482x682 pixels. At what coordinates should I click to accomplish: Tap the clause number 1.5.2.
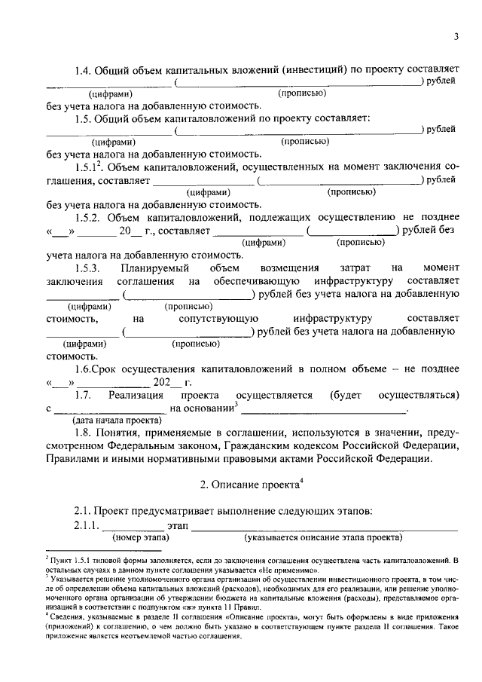coord(87,217)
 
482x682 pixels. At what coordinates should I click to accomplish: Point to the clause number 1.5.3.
coord(87,268)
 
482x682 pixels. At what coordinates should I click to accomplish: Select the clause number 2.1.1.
coord(87,524)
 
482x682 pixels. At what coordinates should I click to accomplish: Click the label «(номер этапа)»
coord(141,538)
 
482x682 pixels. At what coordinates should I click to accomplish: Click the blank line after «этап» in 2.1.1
coord(324,526)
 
